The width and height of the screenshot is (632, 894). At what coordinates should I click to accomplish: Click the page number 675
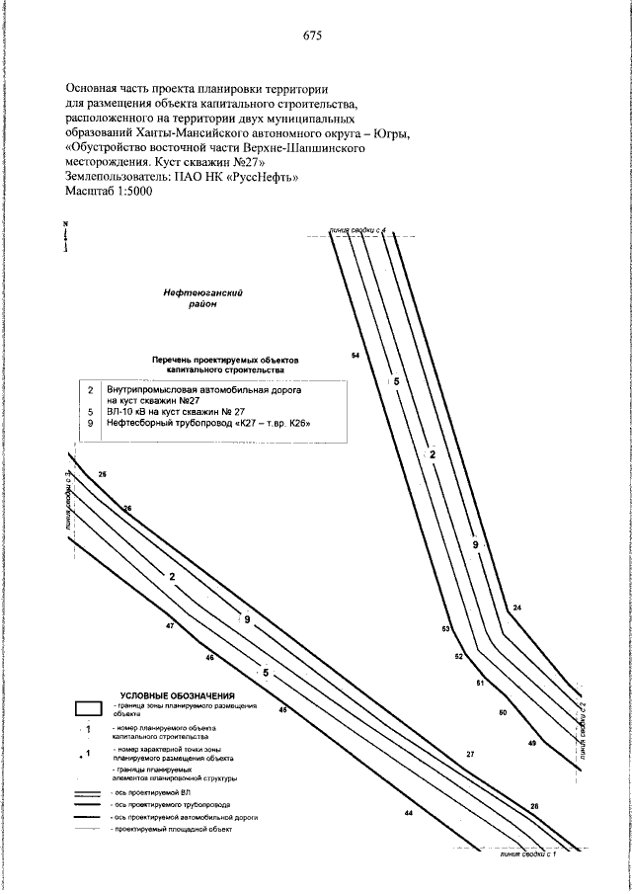313,36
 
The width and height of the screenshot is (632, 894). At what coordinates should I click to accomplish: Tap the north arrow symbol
66,238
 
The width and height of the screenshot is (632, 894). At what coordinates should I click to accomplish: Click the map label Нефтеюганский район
203,298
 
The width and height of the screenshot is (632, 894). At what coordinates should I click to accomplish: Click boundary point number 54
355,354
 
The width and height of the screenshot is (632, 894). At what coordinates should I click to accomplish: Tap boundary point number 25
104,475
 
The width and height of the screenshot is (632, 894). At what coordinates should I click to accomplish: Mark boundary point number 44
408,813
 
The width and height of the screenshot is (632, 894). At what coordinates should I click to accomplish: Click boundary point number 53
446,629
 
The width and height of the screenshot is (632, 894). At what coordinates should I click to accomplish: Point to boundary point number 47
171,626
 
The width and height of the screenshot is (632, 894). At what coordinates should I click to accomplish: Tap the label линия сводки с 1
525,865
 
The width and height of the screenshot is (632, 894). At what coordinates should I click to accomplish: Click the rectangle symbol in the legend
89,708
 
